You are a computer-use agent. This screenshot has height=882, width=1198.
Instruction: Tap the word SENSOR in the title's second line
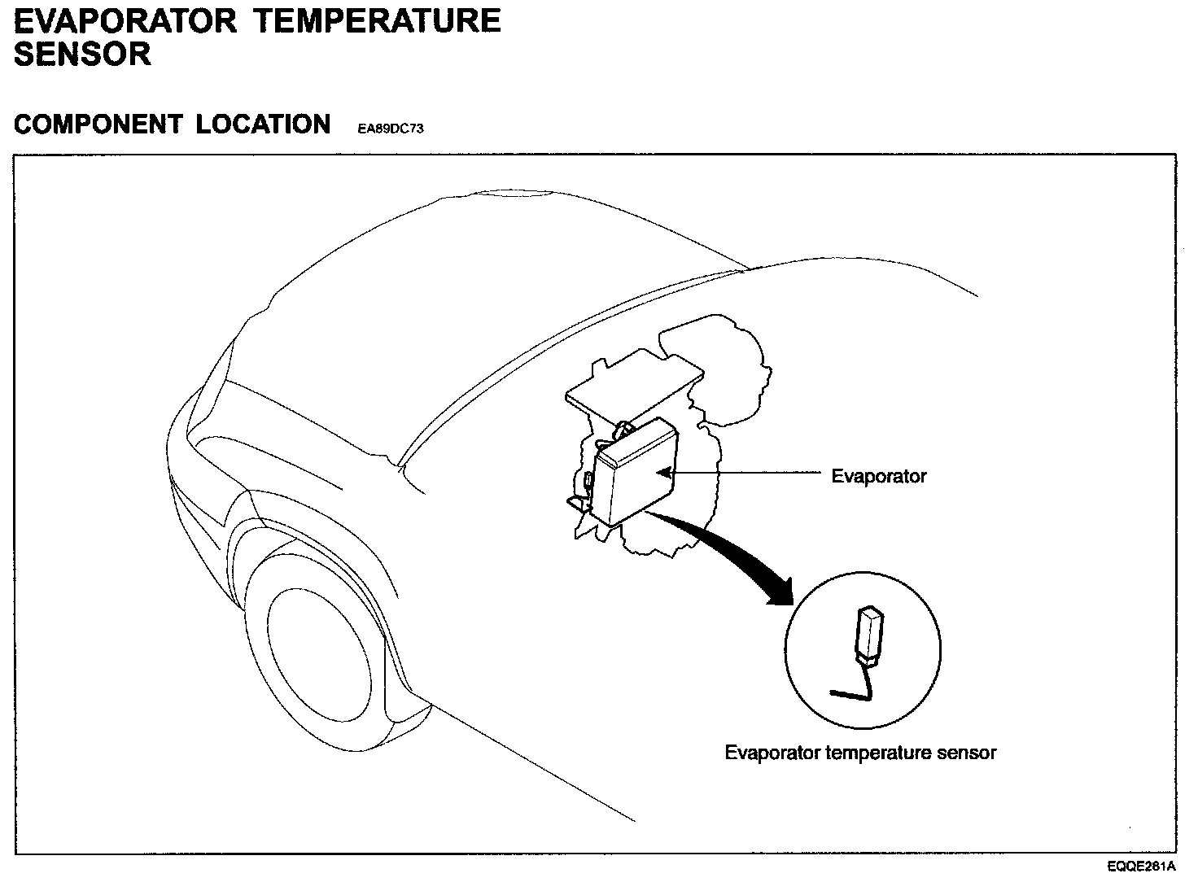coord(82,55)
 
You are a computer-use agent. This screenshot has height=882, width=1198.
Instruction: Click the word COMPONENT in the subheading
coord(98,124)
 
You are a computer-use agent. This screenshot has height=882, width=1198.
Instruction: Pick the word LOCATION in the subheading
coord(263,124)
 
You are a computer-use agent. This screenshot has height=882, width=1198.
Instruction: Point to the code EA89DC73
coord(391,129)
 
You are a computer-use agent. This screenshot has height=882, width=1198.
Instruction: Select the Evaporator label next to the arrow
coord(878,476)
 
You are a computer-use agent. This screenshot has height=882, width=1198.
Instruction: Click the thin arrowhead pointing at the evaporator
coord(663,470)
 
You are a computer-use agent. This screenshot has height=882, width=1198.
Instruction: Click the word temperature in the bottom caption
coord(879,753)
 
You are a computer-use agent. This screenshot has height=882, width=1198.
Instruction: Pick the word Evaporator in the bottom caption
coord(772,753)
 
